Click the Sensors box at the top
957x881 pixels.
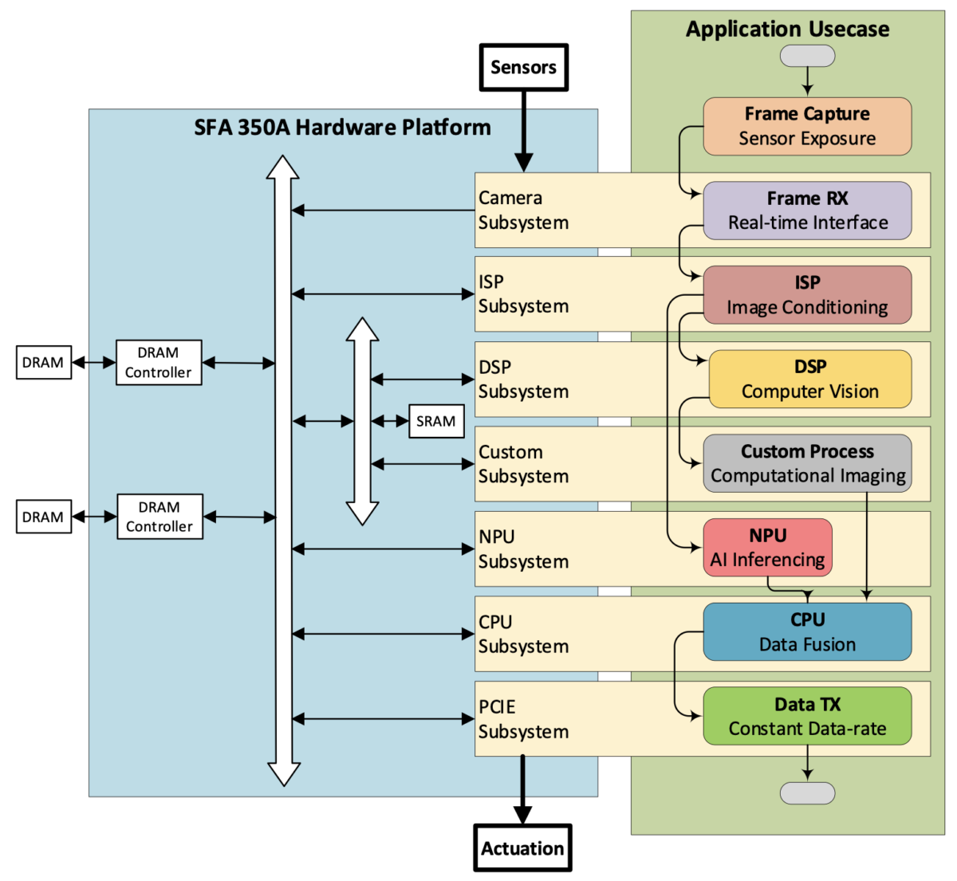[523, 68]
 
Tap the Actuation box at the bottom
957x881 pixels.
[522, 848]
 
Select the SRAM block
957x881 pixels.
[436, 421]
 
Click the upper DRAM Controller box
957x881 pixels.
[159, 363]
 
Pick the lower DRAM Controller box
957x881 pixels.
[159, 517]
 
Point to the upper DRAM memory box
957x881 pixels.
[43, 363]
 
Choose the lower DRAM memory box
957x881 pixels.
[43, 517]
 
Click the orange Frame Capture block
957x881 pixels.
[807, 126]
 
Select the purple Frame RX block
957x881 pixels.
[807, 210]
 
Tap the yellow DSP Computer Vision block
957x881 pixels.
[809, 379]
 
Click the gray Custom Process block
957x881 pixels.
[807, 463]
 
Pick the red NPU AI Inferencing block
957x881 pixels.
[767, 548]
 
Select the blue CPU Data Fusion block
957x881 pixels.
[807, 631]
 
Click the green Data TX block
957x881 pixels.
[807, 716]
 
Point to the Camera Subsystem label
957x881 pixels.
[523, 210]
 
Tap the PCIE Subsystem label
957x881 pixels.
[523, 719]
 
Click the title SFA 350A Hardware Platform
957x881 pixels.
[342, 128]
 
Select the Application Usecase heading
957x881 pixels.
[787, 29]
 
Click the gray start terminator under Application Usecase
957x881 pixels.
[807, 56]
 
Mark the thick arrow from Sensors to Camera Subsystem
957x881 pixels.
[523, 132]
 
